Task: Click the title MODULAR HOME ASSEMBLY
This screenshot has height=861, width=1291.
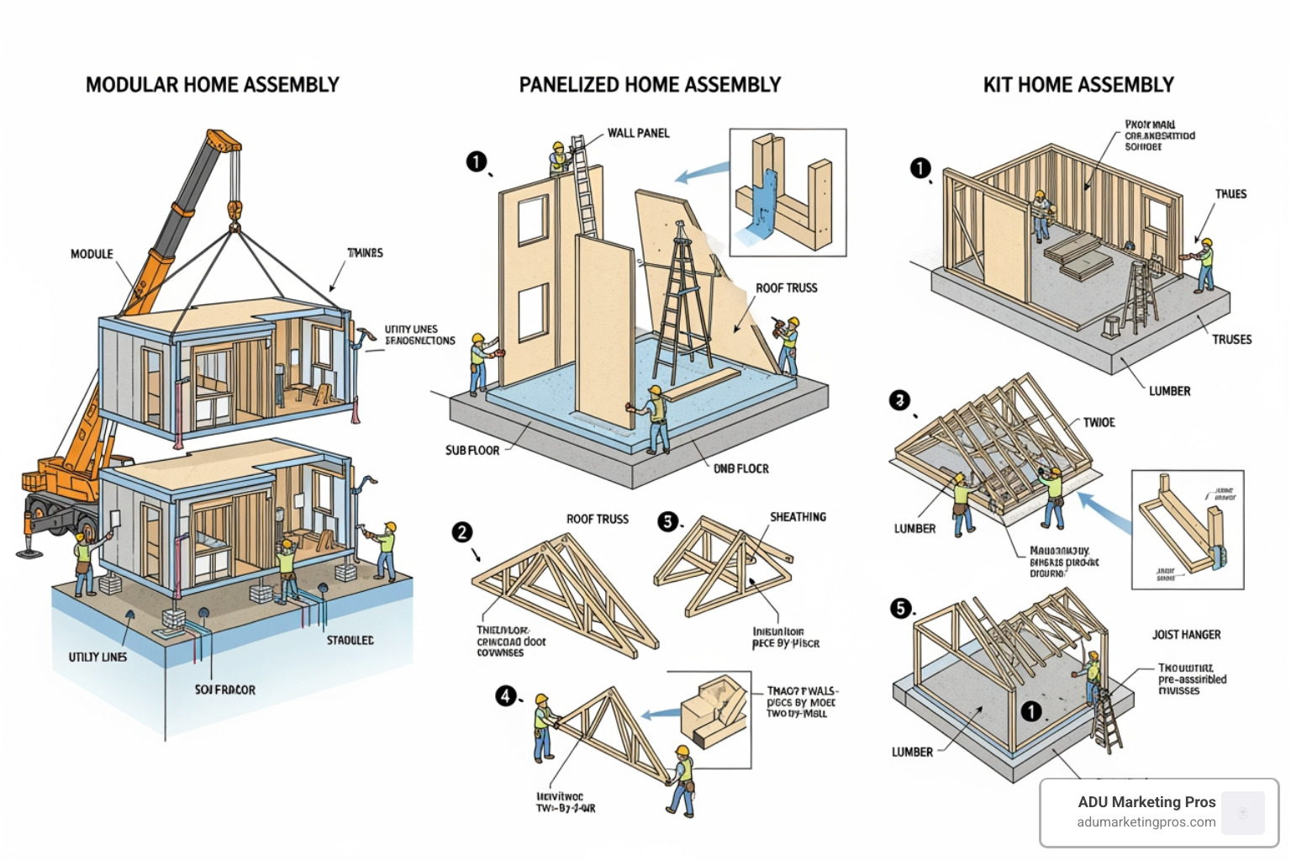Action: click(x=212, y=85)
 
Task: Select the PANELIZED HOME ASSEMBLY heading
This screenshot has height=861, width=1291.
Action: click(x=650, y=85)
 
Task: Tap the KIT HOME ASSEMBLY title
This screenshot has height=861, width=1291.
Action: click(x=1078, y=85)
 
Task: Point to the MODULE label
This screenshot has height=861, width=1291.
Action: click(x=92, y=254)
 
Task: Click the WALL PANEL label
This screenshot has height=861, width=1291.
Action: click(x=638, y=133)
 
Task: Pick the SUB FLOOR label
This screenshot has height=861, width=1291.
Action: click(x=472, y=451)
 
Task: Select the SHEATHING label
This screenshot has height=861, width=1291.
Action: click(x=798, y=517)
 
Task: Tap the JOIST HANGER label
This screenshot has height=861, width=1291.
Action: click(x=1186, y=635)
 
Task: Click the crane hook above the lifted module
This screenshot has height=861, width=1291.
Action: click(x=234, y=210)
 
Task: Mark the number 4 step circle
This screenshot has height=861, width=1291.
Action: click(x=505, y=695)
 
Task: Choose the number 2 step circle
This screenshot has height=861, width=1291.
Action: click(x=462, y=532)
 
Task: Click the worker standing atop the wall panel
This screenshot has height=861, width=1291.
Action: click(x=557, y=158)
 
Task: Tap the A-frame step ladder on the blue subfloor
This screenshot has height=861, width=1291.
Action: click(x=682, y=303)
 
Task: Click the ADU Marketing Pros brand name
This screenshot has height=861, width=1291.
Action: click(x=1146, y=802)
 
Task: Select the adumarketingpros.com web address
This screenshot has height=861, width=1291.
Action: click(x=1146, y=822)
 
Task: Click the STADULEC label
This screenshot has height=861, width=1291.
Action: click(x=350, y=641)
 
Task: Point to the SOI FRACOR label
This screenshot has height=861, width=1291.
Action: click(x=225, y=689)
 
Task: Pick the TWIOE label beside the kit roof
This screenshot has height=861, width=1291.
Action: click(x=1099, y=422)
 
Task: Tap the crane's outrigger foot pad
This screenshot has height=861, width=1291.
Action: click(x=29, y=552)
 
